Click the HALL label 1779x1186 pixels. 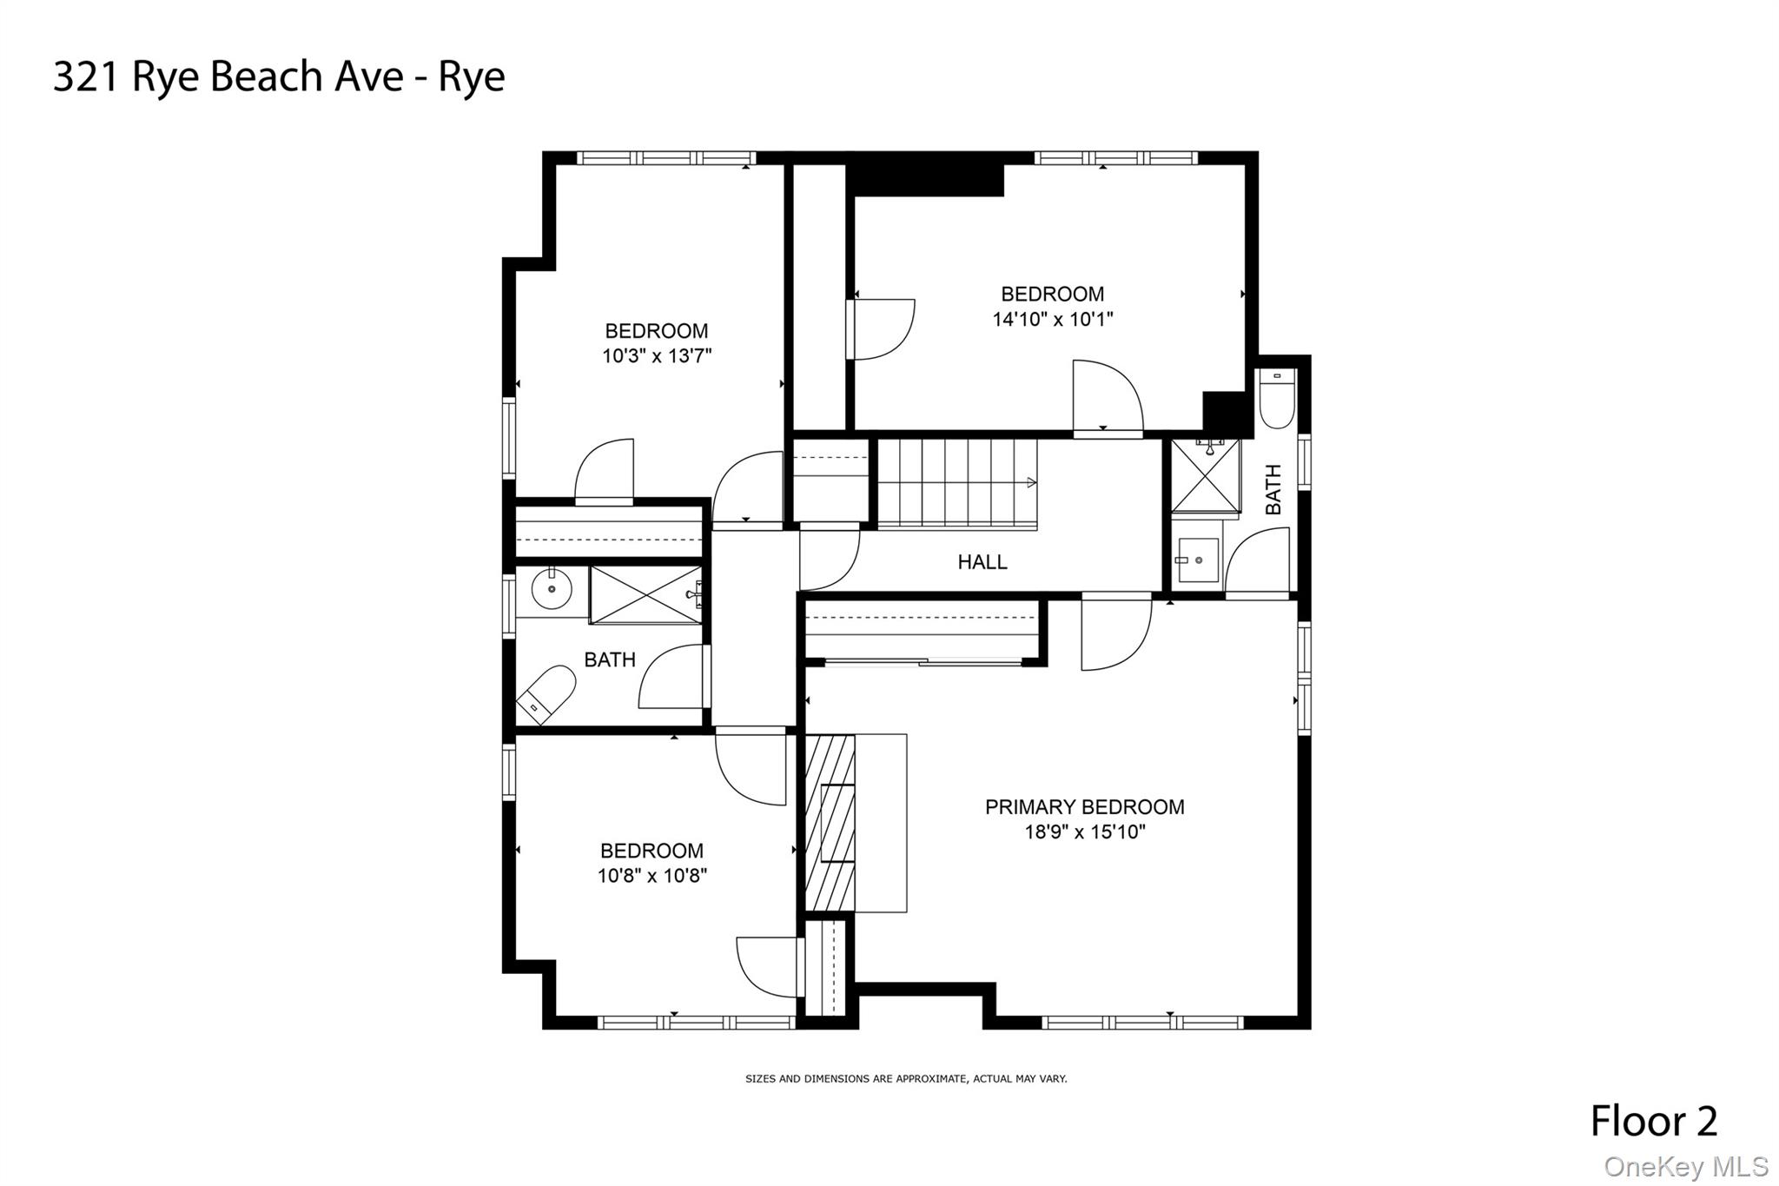(x=982, y=562)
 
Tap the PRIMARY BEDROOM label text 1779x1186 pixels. (x=1084, y=807)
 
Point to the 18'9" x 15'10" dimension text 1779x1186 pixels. (x=1084, y=832)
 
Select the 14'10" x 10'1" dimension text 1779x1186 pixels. (x=1052, y=320)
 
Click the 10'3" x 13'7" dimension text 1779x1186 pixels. (x=657, y=356)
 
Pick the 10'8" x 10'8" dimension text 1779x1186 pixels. (x=651, y=876)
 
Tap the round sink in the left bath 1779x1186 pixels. (x=552, y=590)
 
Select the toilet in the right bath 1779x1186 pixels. (x=1276, y=398)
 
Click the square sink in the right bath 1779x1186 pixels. (x=1199, y=560)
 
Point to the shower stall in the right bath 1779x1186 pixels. (x=1205, y=475)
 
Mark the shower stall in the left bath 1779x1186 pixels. (x=645, y=594)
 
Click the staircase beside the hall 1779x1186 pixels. (x=956, y=483)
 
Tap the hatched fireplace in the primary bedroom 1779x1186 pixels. (x=830, y=822)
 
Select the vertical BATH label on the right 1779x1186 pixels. (x=1273, y=488)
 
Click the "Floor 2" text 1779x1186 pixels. (x=1653, y=1121)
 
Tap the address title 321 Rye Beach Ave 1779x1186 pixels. (x=279, y=76)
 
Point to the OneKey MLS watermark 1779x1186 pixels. (x=1685, y=1166)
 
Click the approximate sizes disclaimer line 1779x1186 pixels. (x=906, y=1078)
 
